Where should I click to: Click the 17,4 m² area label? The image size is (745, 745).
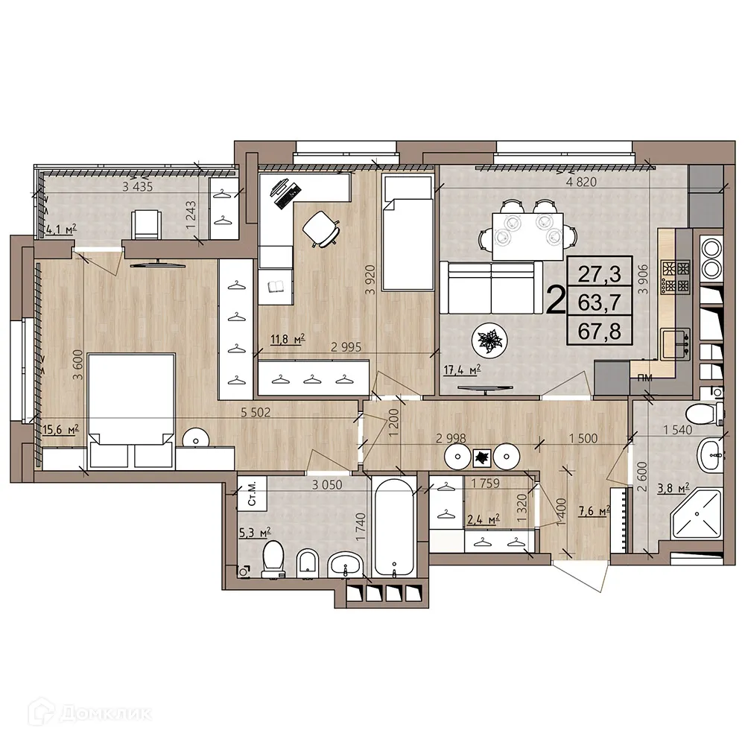pyautogui.click(x=462, y=370)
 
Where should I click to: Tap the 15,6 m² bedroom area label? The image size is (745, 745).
pyautogui.click(x=60, y=430)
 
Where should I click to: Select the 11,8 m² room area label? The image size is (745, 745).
pyautogui.click(x=288, y=339)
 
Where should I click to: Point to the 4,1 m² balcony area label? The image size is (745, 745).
pyautogui.click(x=61, y=230)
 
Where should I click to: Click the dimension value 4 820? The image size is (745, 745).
pyautogui.click(x=581, y=182)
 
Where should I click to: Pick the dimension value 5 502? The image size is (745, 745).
pyautogui.click(x=255, y=412)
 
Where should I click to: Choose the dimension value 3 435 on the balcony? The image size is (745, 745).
pyautogui.click(x=137, y=187)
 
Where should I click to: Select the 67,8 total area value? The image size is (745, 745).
pyautogui.click(x=599, y=332)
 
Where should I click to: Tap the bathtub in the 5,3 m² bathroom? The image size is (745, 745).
pyautogui.click(x=393, y=528)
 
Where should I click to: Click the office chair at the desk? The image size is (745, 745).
pyautogui.click(x=321, y=229)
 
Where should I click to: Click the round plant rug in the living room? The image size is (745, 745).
pyautogui.click(x=489, y=340)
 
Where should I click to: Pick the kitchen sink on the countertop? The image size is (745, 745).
pyautogui.click(x=676, y=343)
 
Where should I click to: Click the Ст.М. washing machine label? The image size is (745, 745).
pyautogui.click(x=252, y=493)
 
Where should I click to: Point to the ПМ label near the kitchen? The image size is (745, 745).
pyautogui.click(x=644, y=378)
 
